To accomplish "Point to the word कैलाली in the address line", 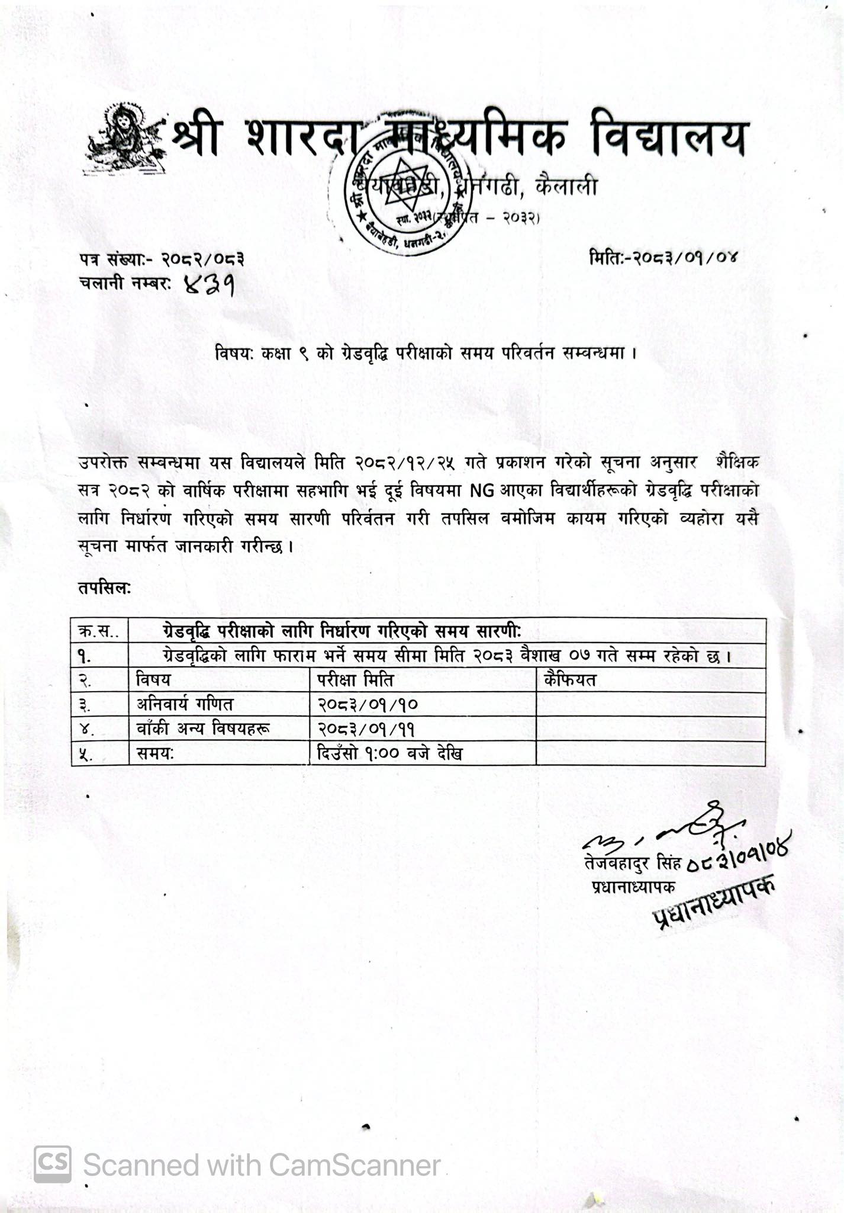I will click(x=565, y=187).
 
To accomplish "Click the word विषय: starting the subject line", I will click(x=234, y=354).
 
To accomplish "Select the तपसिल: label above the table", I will click(x=104, y=588).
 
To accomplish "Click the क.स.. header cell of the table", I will click(x=99, y=631).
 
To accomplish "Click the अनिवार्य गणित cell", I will click(x=185, y=704).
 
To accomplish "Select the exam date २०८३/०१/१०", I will click(x=368, y=705).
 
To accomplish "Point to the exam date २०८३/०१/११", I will click(x=368, y=729).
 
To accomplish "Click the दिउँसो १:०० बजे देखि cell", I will click(x=389, y=753).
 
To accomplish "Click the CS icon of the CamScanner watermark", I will click(x=53, y=1164).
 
